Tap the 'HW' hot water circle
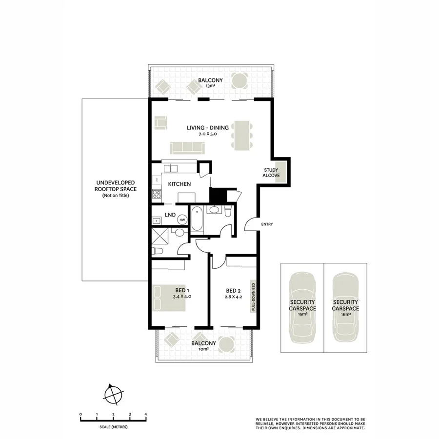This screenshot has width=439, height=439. coord(182,220)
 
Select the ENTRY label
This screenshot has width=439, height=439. coord(267,224)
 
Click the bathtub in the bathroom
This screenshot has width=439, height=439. coord(197,219)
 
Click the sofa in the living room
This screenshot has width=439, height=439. coord(187,147)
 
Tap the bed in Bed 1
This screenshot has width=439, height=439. coord(169,298)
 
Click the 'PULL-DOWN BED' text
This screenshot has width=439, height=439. coord(253,297)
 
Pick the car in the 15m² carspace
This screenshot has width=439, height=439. coord(302,308)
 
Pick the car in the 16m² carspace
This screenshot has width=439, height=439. coord(345,308)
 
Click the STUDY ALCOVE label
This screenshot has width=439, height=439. coord(271,173)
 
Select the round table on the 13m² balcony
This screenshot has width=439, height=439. coord(239,81)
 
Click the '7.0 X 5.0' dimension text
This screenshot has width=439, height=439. coord(207,134)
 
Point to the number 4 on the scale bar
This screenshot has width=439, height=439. coord(146,414)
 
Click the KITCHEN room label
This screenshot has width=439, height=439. coord(179,184)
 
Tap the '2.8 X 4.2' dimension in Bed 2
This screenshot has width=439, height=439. coord(233,296)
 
